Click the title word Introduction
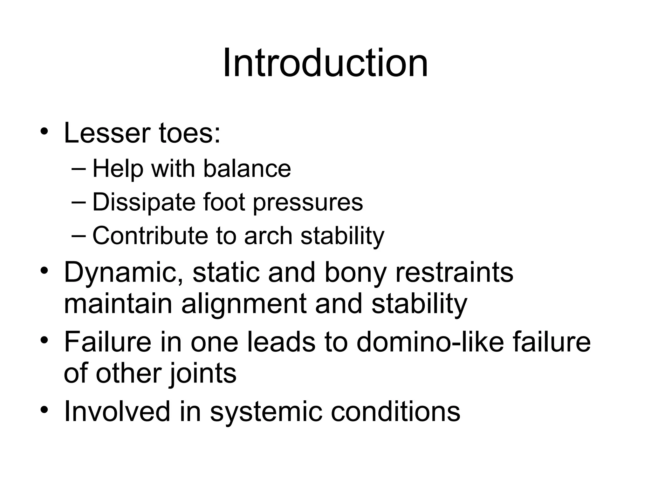click(x=325, y=63)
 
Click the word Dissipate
click(x=143, y=202)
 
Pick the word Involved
click(x=117, y=411)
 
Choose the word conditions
click(x=395, y=411)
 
